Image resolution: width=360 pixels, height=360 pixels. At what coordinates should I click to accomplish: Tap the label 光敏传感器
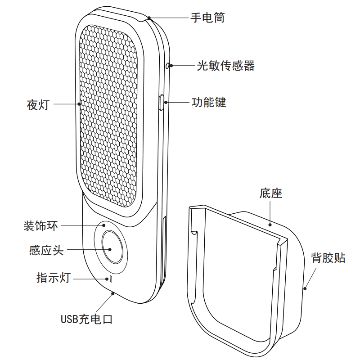click(x=226, y=66)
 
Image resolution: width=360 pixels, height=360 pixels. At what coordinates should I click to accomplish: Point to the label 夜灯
click(x=38, y=105)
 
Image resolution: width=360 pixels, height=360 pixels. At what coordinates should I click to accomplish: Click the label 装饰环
click(x=41, y=225)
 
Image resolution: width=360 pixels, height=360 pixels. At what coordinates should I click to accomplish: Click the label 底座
click(x=271, y=194)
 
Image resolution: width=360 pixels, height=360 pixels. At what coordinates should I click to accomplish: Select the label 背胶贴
click(x=328, y=258)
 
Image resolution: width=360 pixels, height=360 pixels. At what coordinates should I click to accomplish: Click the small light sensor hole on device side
click(x=168, y=66)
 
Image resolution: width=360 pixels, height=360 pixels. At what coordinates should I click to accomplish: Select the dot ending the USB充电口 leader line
click(x=112, y=293)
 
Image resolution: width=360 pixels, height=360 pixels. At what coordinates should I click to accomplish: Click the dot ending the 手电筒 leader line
click(x=150, y=18)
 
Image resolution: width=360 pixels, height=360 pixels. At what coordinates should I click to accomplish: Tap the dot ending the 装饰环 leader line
click(x=104, y=225)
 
